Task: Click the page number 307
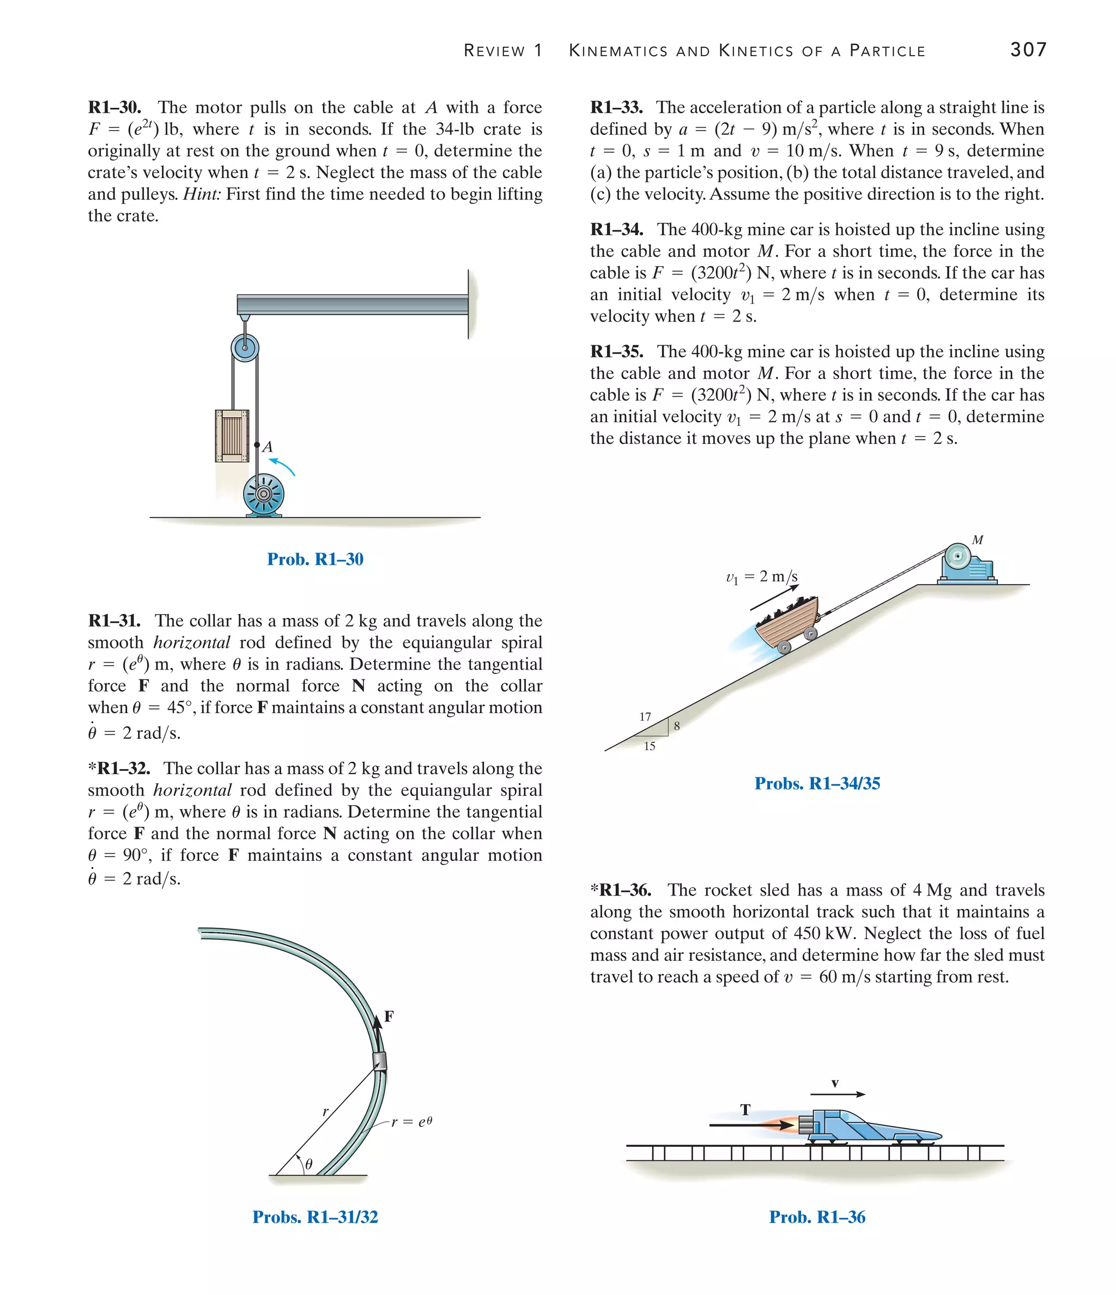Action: tap(1028, 50)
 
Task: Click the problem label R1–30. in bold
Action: tap(114, 107)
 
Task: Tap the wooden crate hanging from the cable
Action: tap(232, 436)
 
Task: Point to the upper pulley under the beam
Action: tap(245, 348)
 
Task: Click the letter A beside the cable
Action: tap(268, 447)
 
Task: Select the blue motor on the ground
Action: tap(263, 494)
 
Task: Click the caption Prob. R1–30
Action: tap(315, 559)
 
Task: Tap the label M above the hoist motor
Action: tap(978, 539)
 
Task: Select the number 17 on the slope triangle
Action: tap(645, 717)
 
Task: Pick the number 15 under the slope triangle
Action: tap(650, 746)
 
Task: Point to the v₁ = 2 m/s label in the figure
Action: tap(761, 576)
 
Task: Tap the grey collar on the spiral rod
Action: tap(379, 1061)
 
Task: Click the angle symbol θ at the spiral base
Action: tap(309, 1164)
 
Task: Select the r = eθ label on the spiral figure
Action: tap(411, 1122)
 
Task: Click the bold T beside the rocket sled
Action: tap(745, 1110)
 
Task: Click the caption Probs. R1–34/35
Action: tap(817, 783)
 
